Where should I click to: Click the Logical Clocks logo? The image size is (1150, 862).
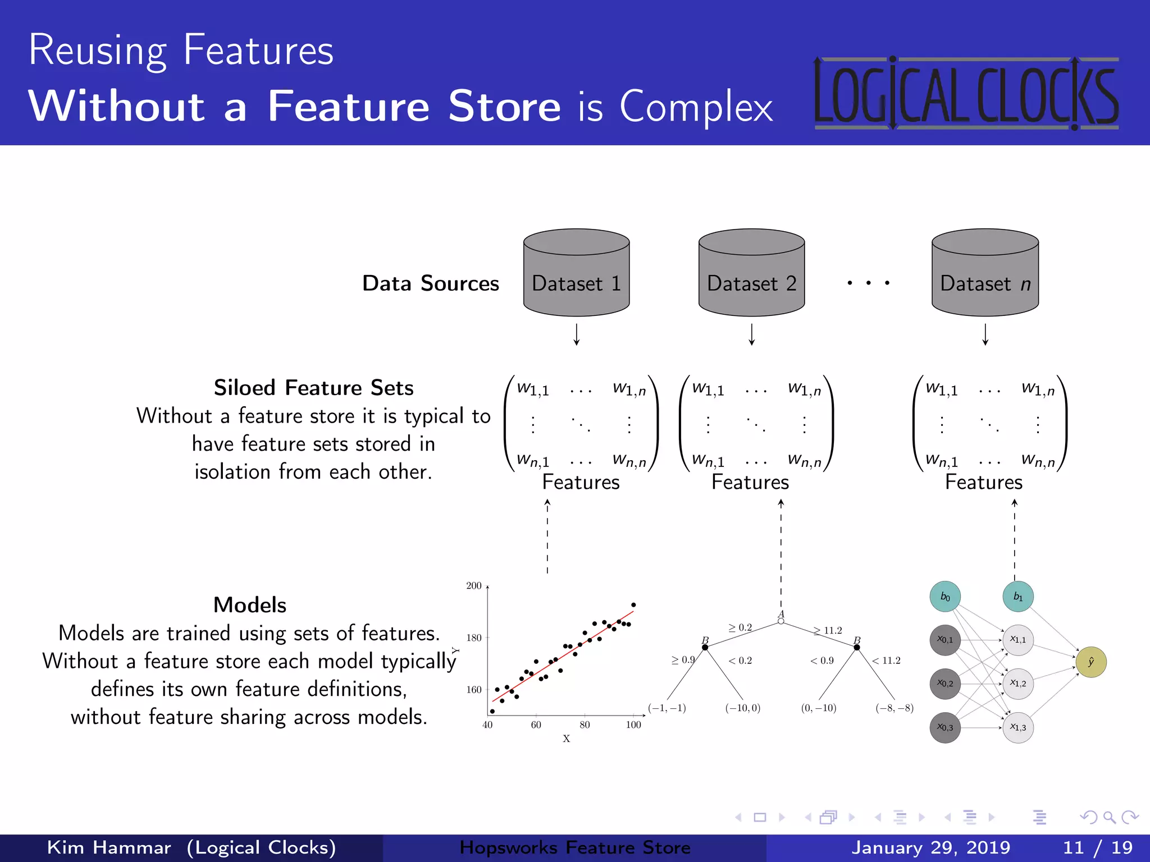[x=966, y=93]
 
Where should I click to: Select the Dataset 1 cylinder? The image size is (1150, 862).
[x=576, y=274]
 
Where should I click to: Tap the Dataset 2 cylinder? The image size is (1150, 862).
[x=751, y=274]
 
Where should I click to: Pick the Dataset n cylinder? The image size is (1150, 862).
[x=985, y=274]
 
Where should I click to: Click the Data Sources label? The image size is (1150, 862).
[x=430, y=283]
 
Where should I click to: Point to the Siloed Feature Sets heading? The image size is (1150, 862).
[x=313, y=388]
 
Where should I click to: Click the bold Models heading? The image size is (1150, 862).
[x=250, y=605]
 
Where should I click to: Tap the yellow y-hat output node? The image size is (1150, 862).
[x=1090, y=662]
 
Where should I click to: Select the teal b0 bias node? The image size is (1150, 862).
[x=945, y=597]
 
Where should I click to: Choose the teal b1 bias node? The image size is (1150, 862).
[x=1017, y=597]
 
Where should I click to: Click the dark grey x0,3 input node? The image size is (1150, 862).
[x=945, y=727]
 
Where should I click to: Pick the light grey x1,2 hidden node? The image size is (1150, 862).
[x=1017, y=684]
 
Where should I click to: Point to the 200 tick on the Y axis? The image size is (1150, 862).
[x=474, y=586]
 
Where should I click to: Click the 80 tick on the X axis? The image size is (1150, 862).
[x=585, y=725]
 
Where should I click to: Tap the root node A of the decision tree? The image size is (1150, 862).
[x=781, y=620]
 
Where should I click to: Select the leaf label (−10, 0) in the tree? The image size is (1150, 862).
[x=742, y=708]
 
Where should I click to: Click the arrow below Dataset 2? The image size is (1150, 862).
[x=751, y=334]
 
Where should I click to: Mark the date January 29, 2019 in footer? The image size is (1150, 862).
[x=930, y=847]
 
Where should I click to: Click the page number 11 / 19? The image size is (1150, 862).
[x=1097, y=847]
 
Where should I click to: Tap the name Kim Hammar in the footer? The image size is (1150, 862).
[x=109, y=847]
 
